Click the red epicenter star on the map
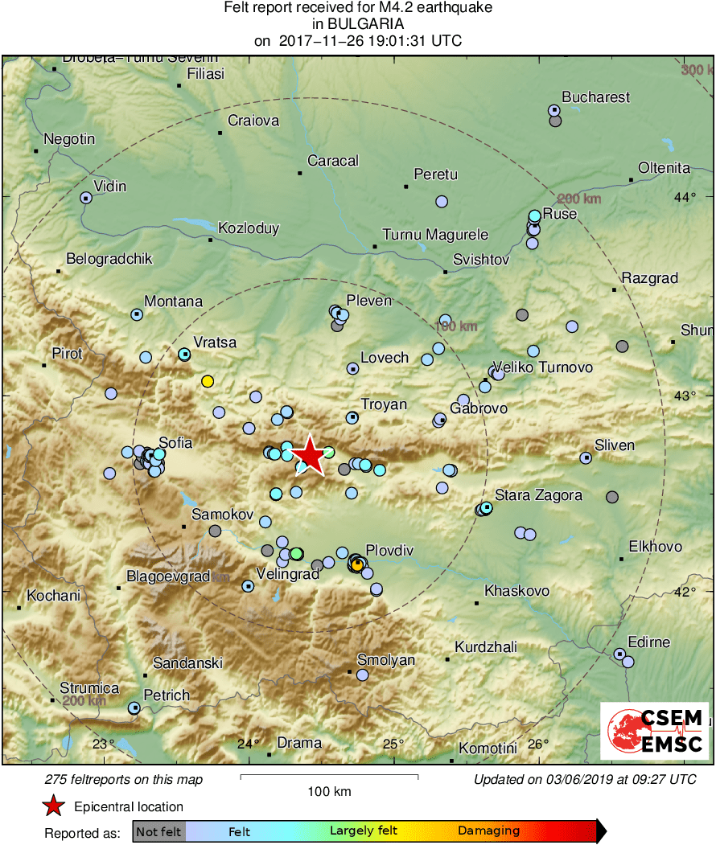310,456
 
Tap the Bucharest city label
595,97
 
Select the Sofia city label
175,442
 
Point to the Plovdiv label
389,551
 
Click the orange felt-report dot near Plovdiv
356,565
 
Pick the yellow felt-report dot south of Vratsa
208,381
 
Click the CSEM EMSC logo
655,730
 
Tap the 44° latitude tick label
686,198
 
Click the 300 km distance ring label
696,71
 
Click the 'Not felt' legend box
158,831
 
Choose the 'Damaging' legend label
488,831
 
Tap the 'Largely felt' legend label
363,831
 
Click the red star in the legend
53,806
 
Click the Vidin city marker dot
86,197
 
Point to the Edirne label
648,642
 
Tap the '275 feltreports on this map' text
124,779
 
